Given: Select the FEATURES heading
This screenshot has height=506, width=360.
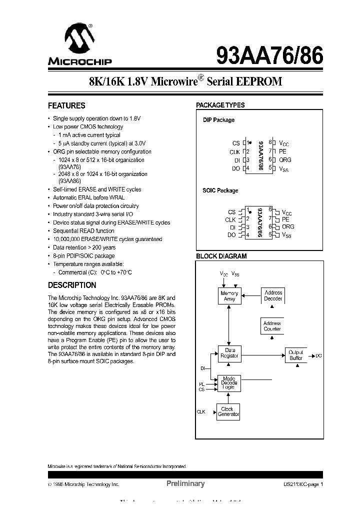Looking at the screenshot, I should pos(66,106).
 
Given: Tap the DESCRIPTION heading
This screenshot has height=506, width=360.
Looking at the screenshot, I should pos(72,285).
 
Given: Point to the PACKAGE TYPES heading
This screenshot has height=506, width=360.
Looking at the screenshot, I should pos(220,105).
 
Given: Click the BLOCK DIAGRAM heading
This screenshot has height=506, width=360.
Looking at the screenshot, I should pos(221,256).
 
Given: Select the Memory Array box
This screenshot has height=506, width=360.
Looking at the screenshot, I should pos(229,296).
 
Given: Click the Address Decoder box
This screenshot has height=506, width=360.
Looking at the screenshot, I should pos(273,295).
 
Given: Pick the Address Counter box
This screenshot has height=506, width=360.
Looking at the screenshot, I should pos(272,326).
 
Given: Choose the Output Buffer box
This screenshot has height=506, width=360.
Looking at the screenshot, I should pos(296,355).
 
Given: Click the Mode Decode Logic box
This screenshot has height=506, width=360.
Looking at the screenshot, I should pos(229,383).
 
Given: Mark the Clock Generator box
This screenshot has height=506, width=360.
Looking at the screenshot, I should pos(228,411).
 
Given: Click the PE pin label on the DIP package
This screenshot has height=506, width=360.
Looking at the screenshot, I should pos(283,151).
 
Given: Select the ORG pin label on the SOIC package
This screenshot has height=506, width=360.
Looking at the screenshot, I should pos(288,226).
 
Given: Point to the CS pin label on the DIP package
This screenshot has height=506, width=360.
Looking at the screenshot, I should pos(236,143).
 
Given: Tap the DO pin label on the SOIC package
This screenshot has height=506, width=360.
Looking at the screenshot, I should pos(231,235).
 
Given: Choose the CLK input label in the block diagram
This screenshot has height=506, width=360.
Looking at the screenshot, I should pos(201,412).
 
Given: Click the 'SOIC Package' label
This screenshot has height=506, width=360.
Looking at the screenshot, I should pos(220,190).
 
